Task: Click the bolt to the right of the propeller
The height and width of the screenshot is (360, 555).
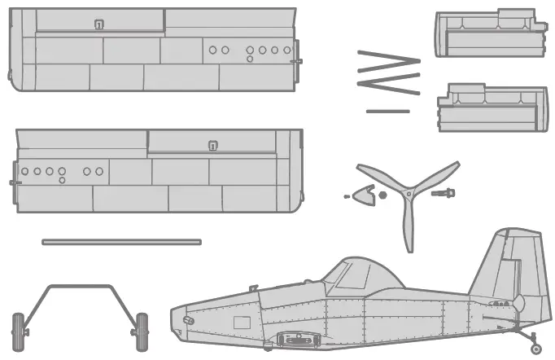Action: click(444, 194)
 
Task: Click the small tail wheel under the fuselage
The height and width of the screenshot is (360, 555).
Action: click(535, 349)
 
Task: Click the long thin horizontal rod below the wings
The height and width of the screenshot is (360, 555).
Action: click(121, 242)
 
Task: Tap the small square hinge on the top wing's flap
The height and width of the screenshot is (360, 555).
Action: click(99, 25)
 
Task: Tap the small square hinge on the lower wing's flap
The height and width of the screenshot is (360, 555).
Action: click(213, 146)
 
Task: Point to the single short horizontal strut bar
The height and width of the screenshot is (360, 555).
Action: click(388, 111)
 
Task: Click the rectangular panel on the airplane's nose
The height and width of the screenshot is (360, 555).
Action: click(242, 323)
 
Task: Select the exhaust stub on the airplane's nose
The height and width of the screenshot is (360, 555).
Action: click(190, 321)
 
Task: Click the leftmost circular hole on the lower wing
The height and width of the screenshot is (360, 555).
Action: click(25, 172)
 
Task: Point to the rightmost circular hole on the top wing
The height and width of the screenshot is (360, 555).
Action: click(287, 50)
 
